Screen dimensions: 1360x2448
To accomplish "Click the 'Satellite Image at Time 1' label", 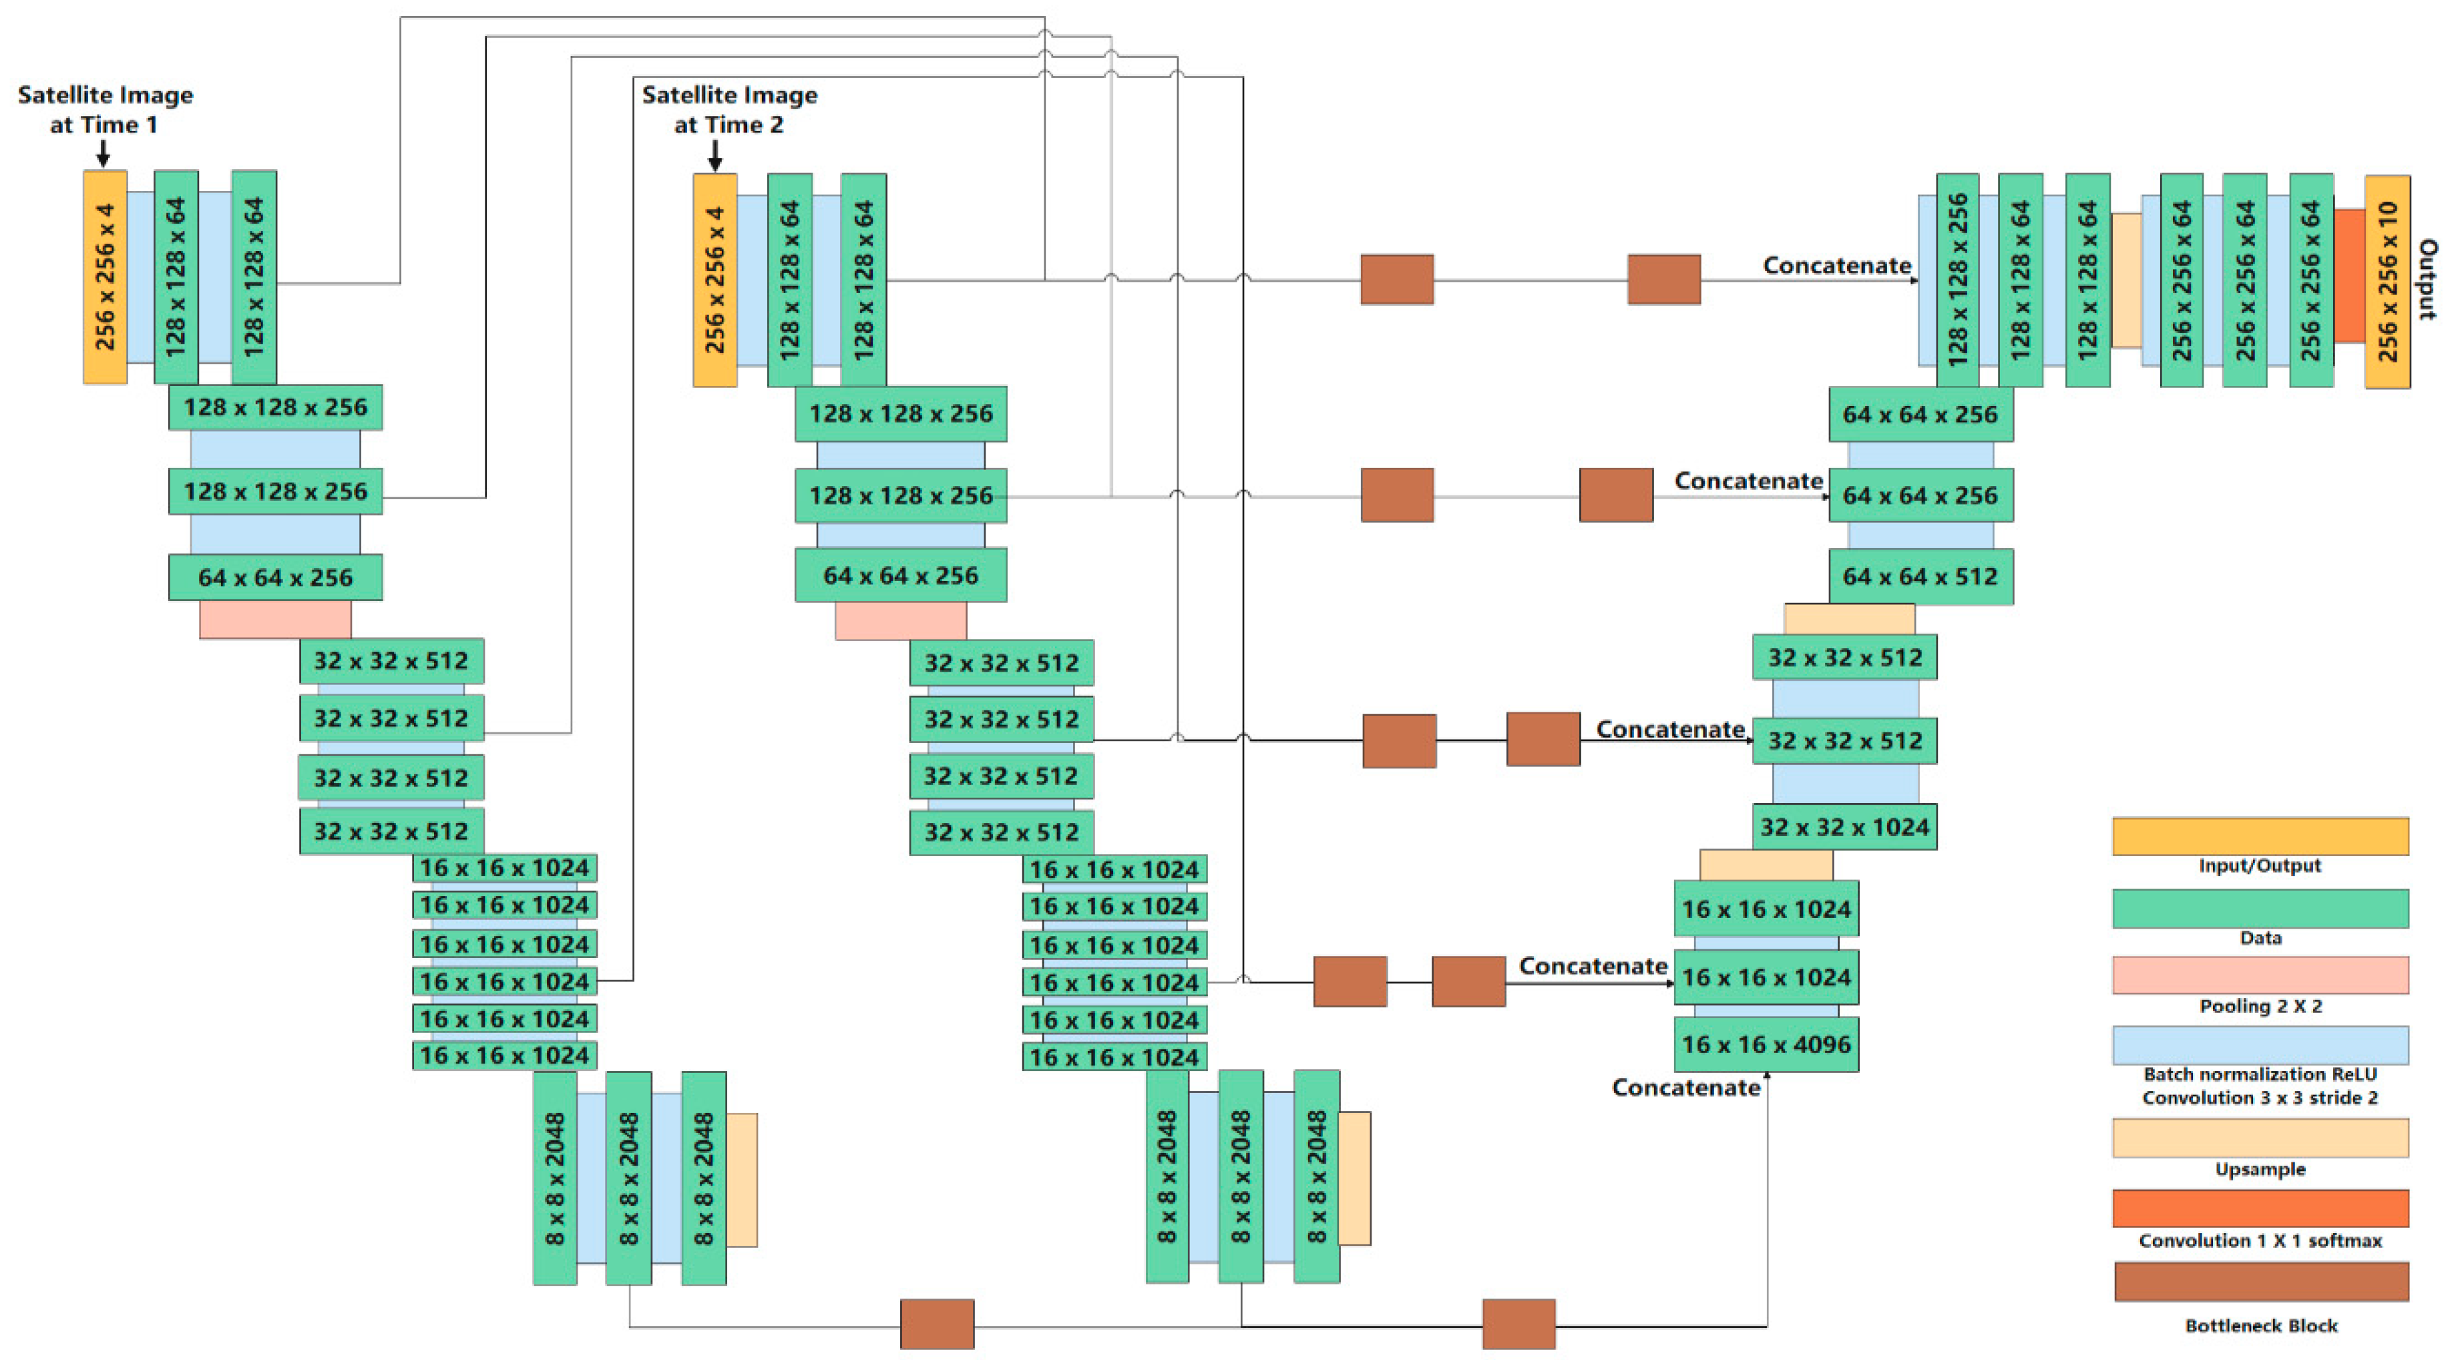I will pyautogui.click(x=105, y=109).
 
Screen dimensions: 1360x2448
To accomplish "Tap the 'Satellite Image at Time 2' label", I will pyautogui.click(x=729, y=109).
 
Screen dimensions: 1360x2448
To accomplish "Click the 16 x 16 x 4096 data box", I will pyautogui.click(x=1766, y=1044).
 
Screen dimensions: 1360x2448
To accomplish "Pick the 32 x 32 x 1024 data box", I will pyautogui.click(x=1844, y=827).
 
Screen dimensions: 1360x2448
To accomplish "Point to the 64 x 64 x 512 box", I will pyautogui.click(x=1920, y=577).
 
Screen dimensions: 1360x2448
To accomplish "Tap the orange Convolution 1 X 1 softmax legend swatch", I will pyautogui.click(x=2260, y=1208).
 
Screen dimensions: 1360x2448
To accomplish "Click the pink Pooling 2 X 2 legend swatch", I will pyautogui.click(x=2260, y=974).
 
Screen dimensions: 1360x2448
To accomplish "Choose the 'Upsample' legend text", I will pyautogui.click(x=2260, y=1169).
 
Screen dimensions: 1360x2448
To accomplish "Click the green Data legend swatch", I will pyautogui.click(x=2260, y=907).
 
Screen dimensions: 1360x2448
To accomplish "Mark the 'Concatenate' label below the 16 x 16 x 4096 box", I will pyautogui.click(x=1686, y=1087).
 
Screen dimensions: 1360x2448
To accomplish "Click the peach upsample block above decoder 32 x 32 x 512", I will pyautogui.click(x=1848, y=619).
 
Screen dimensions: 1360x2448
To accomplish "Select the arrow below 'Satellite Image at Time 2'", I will pyautogui.click(x=715, y=155).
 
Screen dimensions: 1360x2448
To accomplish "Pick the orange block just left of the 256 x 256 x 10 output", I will pyautogui.click(x=2349, y=276).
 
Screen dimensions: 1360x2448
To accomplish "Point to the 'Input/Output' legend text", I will pyautogui.click(x=2259, y=866).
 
